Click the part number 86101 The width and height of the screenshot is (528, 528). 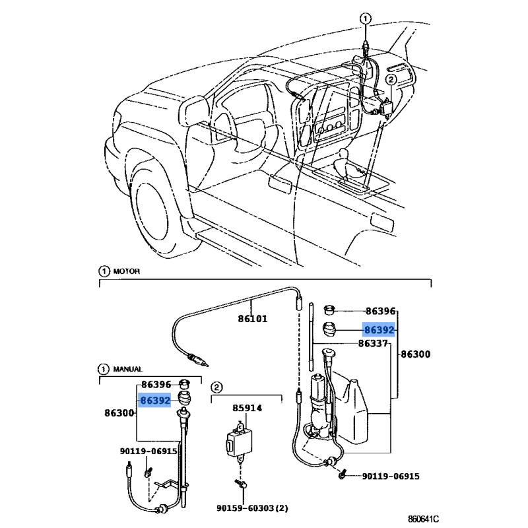coord(252,319)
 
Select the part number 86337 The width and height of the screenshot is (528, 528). coord(374,343)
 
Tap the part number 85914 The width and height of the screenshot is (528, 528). coord(247,408)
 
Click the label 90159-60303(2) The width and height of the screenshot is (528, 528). coord(253,508)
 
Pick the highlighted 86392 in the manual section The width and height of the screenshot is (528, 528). coord(155,399)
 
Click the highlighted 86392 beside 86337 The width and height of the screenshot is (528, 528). coord(379,330)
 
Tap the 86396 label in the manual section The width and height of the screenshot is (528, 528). coord(155,384)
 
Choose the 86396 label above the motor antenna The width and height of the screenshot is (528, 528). coord(380,310)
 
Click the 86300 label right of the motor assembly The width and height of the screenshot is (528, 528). coord(415,354)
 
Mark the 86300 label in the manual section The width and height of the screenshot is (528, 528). coord(119,413)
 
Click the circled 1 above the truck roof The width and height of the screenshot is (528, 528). coord(365,19)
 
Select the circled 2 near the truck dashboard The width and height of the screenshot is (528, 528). coord(390,79)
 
